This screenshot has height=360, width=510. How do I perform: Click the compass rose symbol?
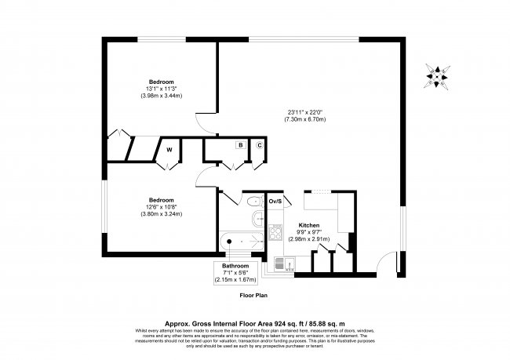point(437,75)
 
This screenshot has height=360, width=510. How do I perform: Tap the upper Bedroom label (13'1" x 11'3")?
point(162,82)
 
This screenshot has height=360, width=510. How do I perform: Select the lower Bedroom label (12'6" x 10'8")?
point(162,198)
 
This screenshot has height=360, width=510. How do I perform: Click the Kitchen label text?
point(308,224)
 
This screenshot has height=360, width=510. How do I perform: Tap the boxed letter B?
point(240,145)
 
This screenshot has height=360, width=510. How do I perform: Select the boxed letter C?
point(259,145)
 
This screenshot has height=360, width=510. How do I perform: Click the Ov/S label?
point(275,202)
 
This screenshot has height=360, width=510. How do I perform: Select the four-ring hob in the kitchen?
point(275,231)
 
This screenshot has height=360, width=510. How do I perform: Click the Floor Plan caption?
point(255,296)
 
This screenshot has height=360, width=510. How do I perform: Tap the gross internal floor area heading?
point(255,322)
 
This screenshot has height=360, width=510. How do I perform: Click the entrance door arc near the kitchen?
point(388,265)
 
